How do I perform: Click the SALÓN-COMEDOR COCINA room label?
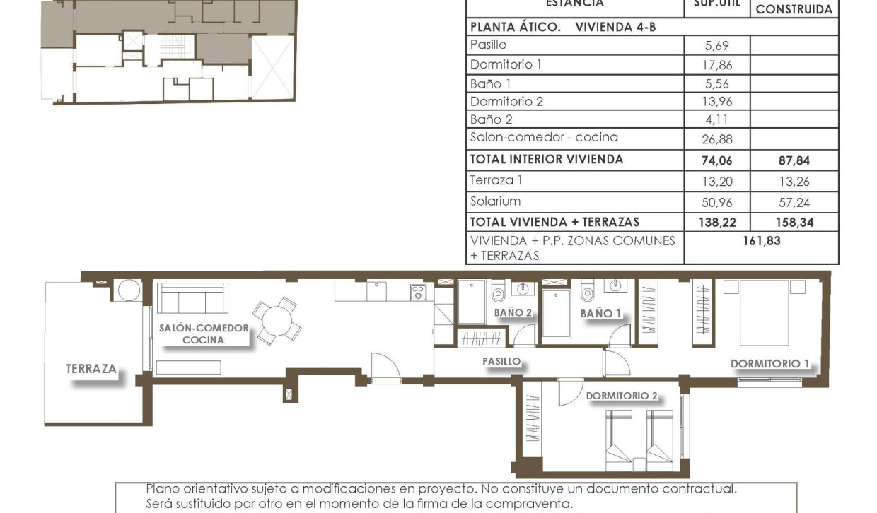click(204, 334)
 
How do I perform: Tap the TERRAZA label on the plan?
click(91, 368)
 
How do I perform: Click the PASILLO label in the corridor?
click(501, 361)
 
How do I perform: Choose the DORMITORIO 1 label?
click(769, 364)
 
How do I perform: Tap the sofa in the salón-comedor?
click(192, 298)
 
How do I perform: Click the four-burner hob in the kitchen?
click(417, 293)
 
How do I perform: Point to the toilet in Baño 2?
click(498, 288)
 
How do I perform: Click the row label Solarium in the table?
click(496, 201)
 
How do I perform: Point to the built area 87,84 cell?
click(793, 160)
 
